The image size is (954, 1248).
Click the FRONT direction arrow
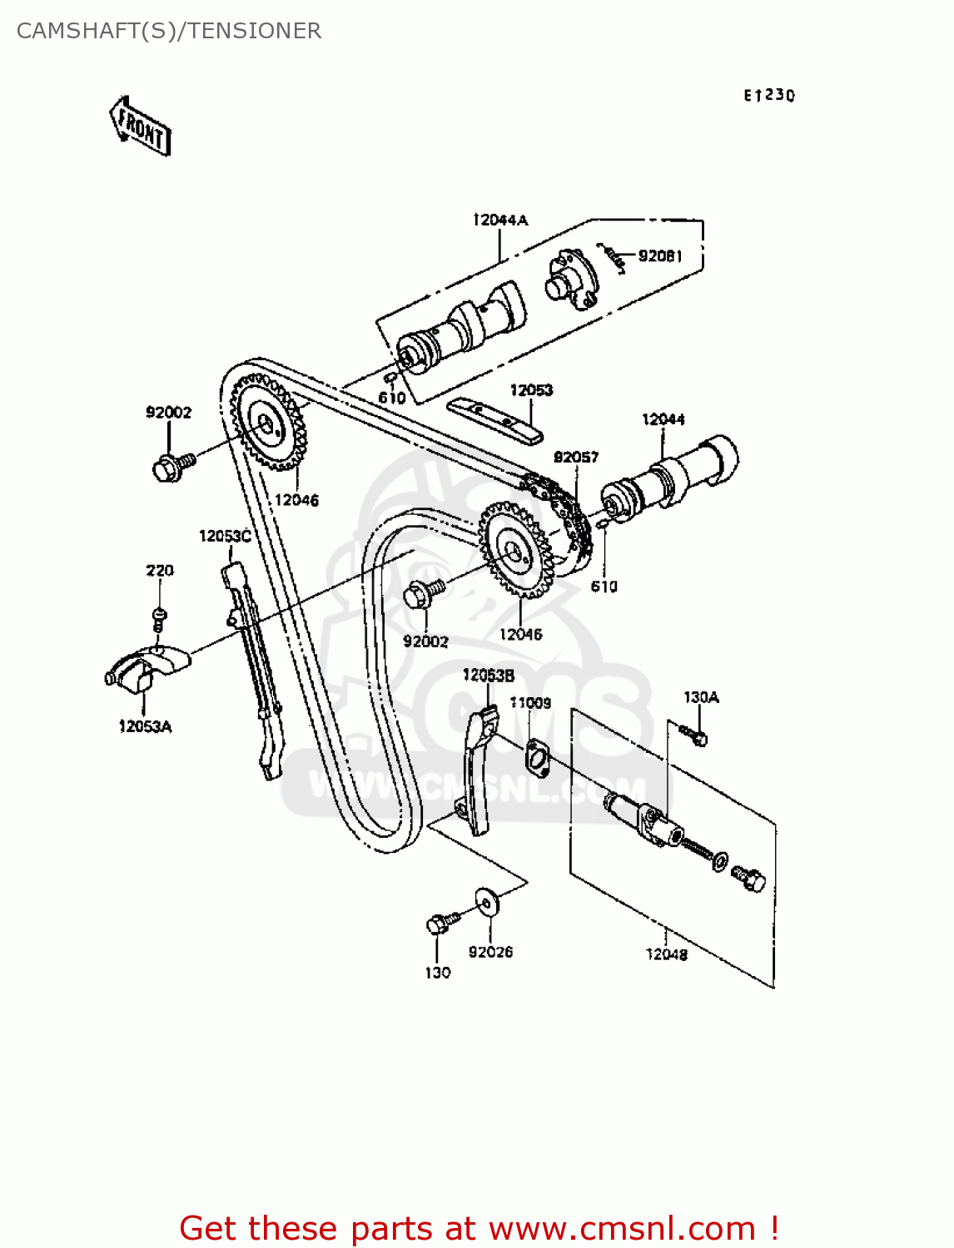[141, 126]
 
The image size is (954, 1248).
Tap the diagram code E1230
[768, 96]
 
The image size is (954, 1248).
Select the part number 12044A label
[499, 220]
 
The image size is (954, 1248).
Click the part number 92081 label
[660, 255]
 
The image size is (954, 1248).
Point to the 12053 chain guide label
[530, 389]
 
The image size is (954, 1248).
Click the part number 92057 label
[575, 457]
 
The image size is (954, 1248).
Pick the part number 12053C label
[225, 536]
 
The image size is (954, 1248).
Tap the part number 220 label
[159, 570]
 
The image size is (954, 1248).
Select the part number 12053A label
[145, 726]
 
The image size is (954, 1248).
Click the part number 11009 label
[530, 703]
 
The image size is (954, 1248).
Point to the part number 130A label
[701, 697]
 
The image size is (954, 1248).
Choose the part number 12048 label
[666, 954]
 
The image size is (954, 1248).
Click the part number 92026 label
[490, 952]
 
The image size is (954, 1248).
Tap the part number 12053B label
[488, 675]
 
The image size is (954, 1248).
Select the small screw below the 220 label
[159, 617]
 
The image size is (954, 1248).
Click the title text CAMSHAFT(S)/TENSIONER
[169, 31]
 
